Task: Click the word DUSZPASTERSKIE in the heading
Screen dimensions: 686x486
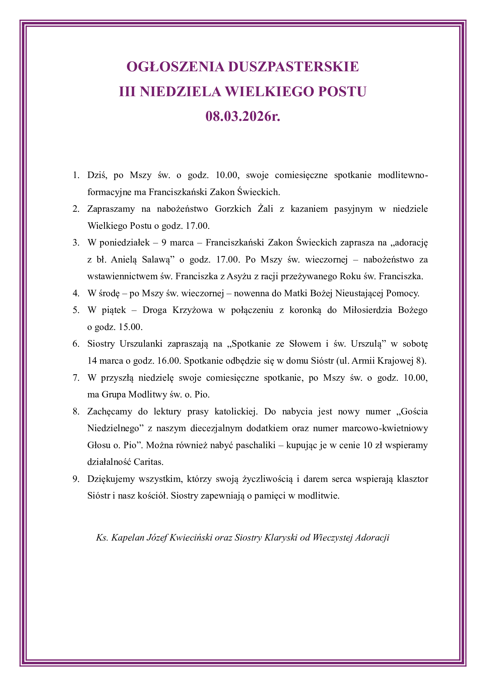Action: [x=293, y=67]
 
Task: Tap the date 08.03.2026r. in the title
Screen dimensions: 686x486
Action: [x=243, y=116]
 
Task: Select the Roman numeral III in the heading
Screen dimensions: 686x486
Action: [x=127, y=92]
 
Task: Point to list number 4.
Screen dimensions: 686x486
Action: [x=76, y=293]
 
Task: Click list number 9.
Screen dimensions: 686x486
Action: [x=76, y=479]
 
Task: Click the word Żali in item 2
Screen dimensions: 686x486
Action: [x=265, y=209]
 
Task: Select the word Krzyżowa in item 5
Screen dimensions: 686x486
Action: [x=192, y=310]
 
